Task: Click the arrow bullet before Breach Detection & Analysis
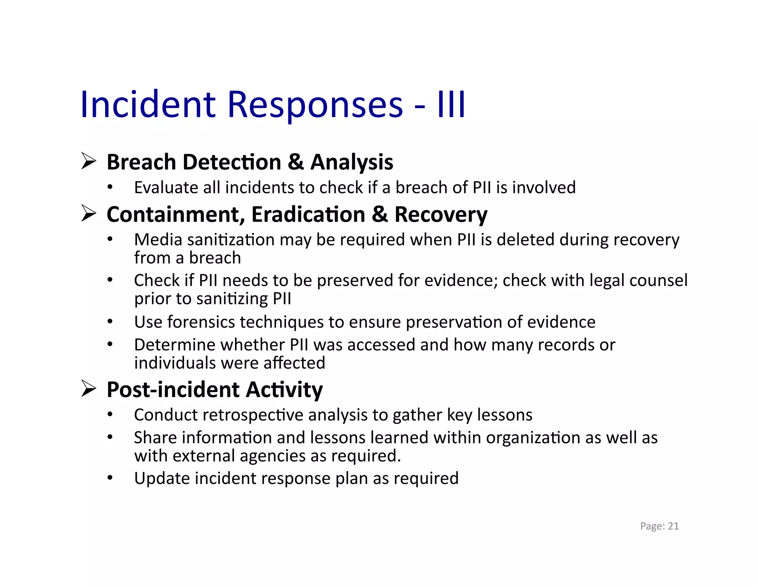pyautogui.click(x=89, y=162)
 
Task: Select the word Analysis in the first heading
pyautogui.click(x=352, y=162)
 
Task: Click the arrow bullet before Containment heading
pyautogui.click(x=89, y=214)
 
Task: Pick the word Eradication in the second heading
pyautogui.click(x=308, y=214)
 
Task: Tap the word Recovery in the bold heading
pyautogui.click(x=441, y=215)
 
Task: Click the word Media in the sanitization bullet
pyautogui.click(x=158, y=240)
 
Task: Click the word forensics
pyautogui.click(x=201, y=322)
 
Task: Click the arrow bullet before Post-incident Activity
pyautogui.click(x=89, y=389)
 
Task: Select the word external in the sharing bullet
pyautogui.click(x=204, y=456)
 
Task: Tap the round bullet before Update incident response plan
pyautogui.click(x=110, y=478)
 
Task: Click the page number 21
pyautogui.click(x=673, y=526)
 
